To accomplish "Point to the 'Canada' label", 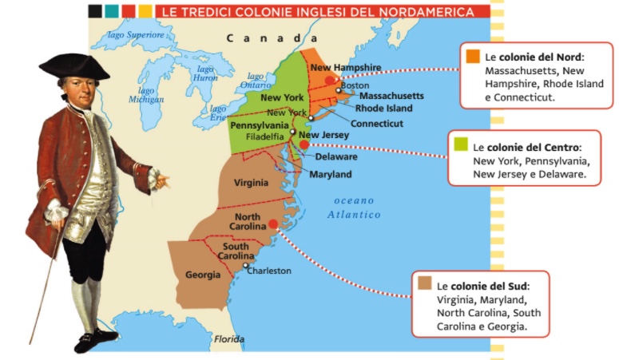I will (265, 38).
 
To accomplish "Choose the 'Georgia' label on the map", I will (202, 275).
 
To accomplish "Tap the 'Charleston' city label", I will (269, 271).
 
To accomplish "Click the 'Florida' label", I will (229, 339).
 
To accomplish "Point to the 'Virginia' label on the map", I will (251, 183).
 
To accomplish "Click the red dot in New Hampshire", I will (330, 81).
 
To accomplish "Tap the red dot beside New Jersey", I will (304, 145).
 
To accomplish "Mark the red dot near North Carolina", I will (274, 224).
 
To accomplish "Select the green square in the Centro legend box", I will (461, 146).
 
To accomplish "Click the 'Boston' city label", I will (354, 85).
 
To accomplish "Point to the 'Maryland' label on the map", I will (330, 174).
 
